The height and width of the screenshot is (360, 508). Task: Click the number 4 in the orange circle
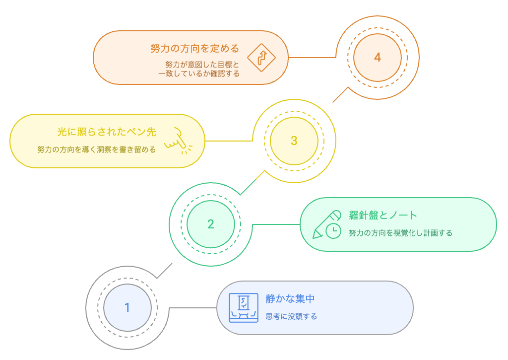click(x=378, y=58)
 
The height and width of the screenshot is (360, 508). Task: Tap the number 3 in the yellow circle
click(x=294, y=141)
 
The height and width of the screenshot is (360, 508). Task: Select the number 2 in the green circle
click(x=211, y=224)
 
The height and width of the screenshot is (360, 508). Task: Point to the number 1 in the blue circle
click(x=127, y=308)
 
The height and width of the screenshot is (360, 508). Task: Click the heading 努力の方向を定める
click(x=194, y=49)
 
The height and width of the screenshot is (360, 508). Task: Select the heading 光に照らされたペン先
click(x=106, y=132)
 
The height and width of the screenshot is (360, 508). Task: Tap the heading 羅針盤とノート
click(x=383, y=216)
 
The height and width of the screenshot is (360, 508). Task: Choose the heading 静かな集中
click(x=290, y=299)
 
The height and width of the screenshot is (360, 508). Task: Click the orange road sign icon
click(x=261, y=57)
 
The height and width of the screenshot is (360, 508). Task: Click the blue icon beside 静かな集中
click(x=244, y=308)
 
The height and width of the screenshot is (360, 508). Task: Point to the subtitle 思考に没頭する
click(x=291, y=316)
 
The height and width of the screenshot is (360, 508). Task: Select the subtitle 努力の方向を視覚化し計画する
click(x=400, y=232)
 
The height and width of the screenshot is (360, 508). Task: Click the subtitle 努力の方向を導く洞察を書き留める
click(x=96, y=149)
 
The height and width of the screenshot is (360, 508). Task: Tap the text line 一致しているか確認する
click(x=199, y=74)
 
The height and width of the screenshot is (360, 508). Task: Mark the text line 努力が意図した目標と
click(x=202, y=65)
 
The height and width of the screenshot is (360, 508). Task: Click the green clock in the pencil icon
click(x=333, y=230)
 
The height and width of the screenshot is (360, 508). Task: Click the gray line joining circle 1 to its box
click(x=193, y=308)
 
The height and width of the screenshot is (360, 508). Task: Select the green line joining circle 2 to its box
click(x=277, y=224)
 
